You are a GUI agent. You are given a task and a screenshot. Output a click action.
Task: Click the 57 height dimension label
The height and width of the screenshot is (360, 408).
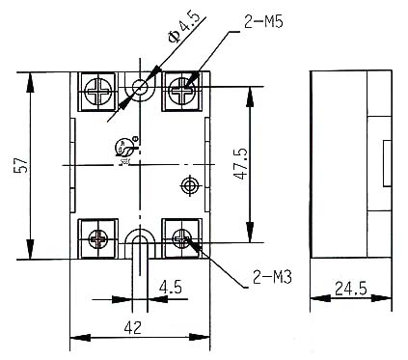(x=21, y=165)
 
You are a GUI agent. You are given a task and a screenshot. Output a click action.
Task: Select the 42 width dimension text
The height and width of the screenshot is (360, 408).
(x=133, y=328)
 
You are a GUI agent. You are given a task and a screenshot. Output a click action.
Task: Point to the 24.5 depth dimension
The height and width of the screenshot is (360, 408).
(x=351, y=289)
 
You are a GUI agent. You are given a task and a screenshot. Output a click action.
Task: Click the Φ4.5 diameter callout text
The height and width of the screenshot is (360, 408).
(x=183, y=28)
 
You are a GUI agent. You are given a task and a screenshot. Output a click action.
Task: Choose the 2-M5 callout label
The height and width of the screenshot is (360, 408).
(x=263, y=22)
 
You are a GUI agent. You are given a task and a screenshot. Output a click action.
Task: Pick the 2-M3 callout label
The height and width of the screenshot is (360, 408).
(x=272, y=277)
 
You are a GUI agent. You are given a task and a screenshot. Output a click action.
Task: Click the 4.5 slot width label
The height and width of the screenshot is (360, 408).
(x=171, y=287)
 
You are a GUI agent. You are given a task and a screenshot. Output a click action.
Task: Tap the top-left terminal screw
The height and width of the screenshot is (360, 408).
(x=98, y=91)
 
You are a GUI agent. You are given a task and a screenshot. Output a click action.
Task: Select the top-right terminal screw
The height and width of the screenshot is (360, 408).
(x=182, y=91)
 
